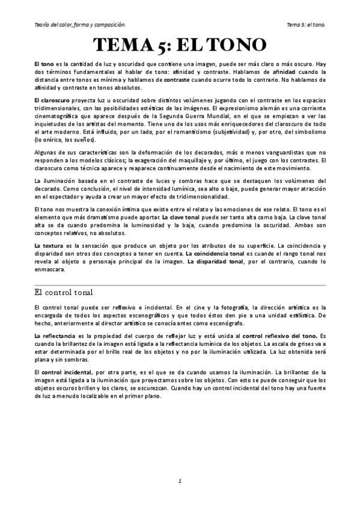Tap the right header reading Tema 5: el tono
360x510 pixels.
coord(306,25)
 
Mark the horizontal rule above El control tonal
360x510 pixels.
coord(180,284)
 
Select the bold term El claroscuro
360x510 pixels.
coord(52,98)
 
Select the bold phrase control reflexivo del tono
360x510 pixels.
coord(280,335)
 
